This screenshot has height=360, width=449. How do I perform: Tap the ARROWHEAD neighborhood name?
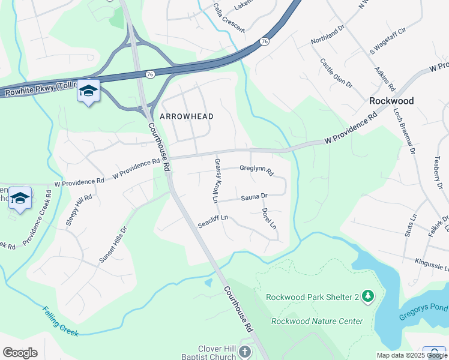click(187, 115)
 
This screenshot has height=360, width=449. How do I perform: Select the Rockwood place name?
click(391, 101)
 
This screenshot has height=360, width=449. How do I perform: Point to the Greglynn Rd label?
click(256, 171)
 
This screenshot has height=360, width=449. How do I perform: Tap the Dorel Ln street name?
click(268, 219)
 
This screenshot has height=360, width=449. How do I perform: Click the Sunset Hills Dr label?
click(113, 245)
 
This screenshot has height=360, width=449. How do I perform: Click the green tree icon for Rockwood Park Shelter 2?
click(368, 296)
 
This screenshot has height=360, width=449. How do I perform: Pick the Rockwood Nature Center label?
click(317, 321)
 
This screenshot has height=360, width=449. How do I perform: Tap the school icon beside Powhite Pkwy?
click(88, 91)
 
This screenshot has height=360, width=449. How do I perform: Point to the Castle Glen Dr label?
click(335, 72)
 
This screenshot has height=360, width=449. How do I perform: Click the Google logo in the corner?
click(20, 353)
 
